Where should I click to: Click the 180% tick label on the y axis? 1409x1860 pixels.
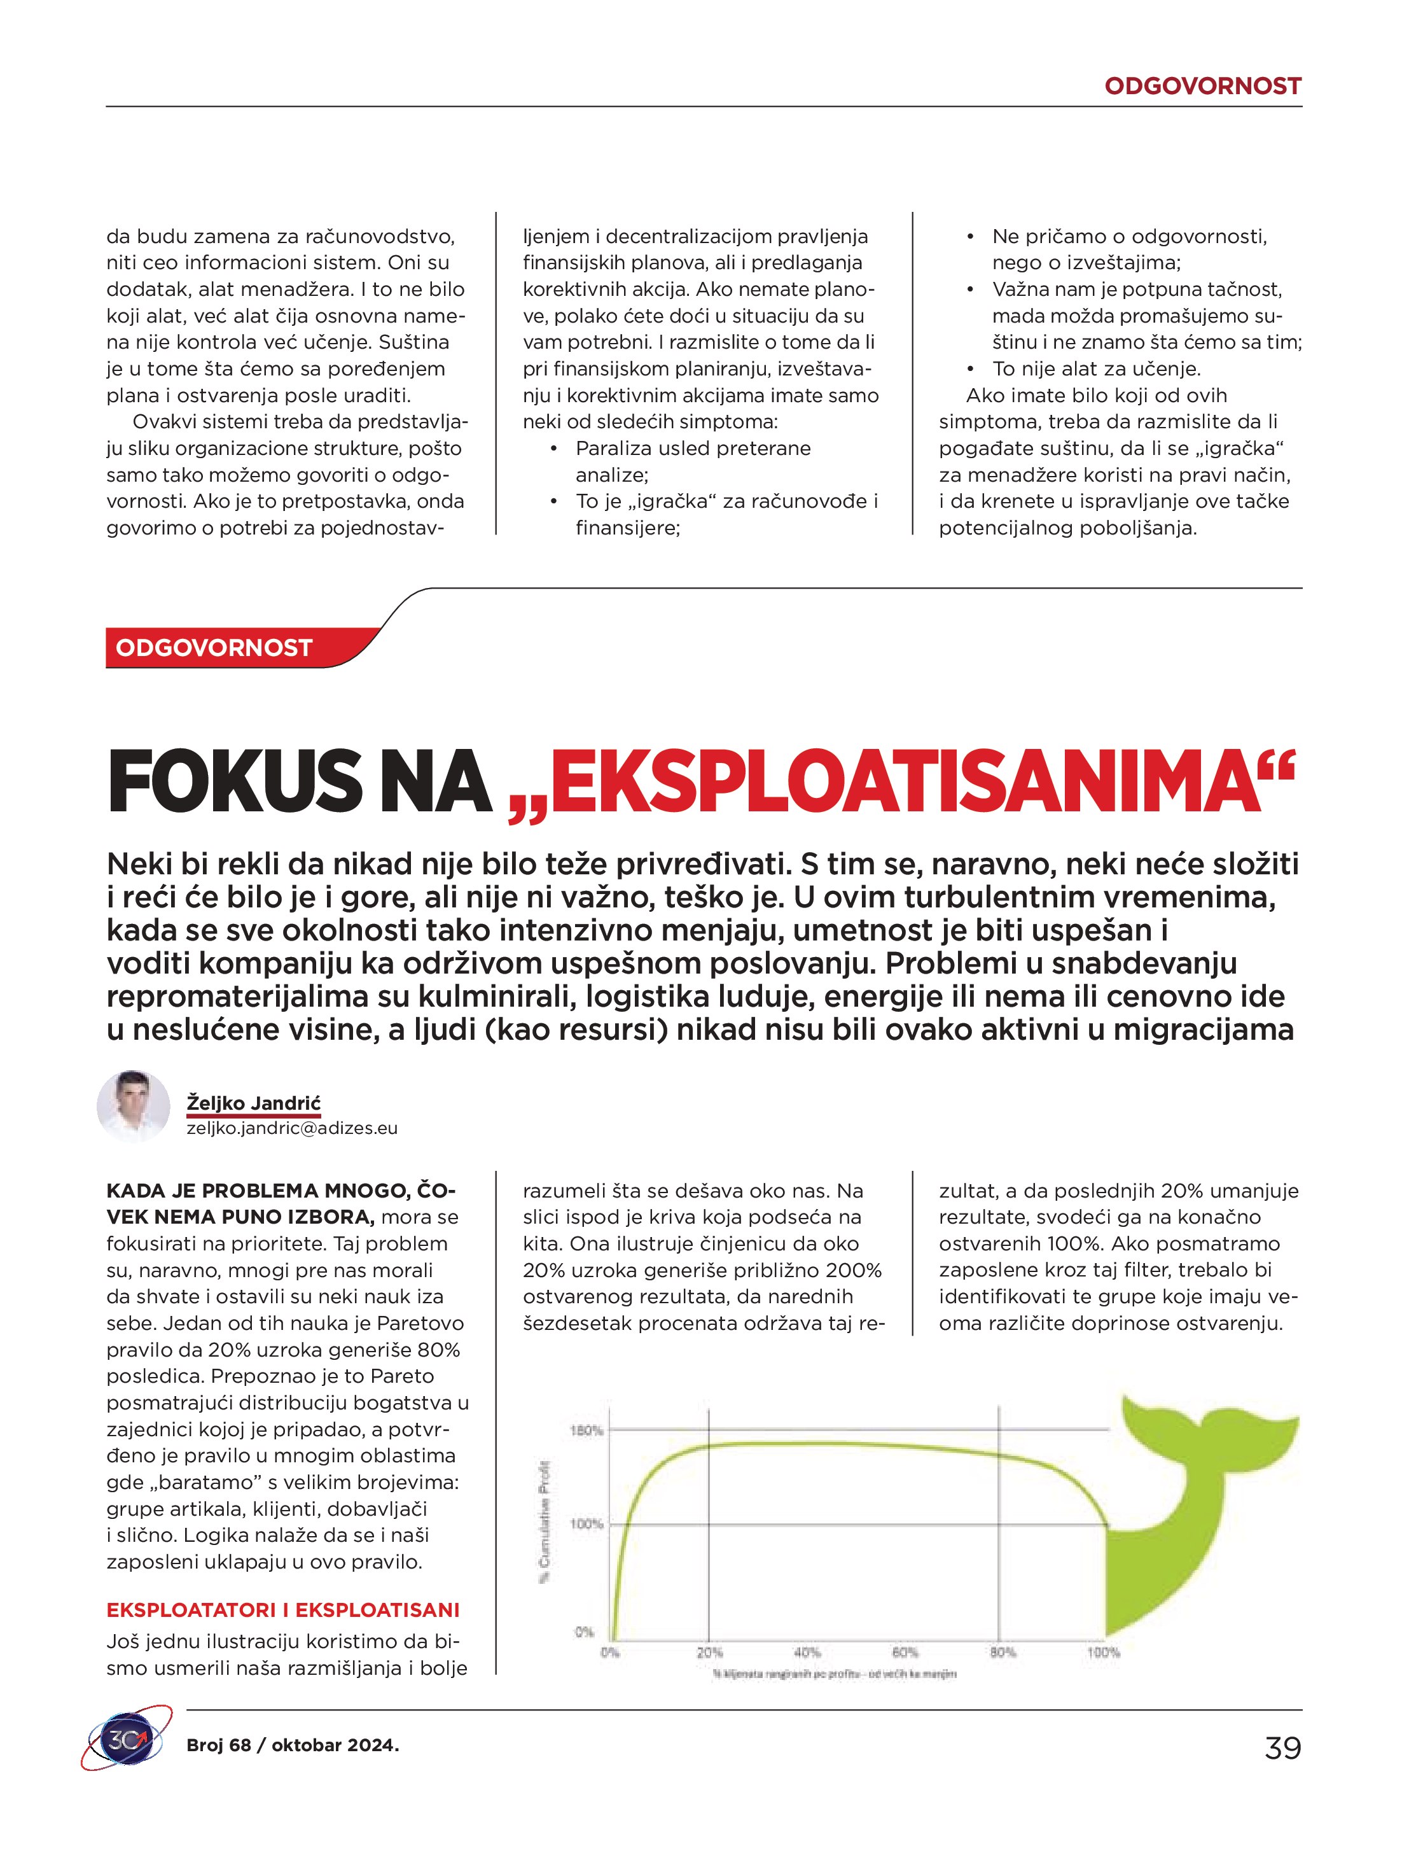587,1430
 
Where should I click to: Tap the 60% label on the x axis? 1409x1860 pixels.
905,1653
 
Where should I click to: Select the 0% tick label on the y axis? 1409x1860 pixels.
585,1632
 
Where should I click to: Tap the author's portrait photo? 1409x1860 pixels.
134,1107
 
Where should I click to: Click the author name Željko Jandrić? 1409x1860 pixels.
253,1102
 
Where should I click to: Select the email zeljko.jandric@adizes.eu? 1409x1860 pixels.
292,1128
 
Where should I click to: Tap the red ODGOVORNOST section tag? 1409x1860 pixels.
214,648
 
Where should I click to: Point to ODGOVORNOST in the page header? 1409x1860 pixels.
1202,86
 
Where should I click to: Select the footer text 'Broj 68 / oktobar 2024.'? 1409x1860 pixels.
293,1745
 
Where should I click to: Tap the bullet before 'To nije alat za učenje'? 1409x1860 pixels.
970,369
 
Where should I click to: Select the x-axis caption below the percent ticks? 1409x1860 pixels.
834,1674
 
